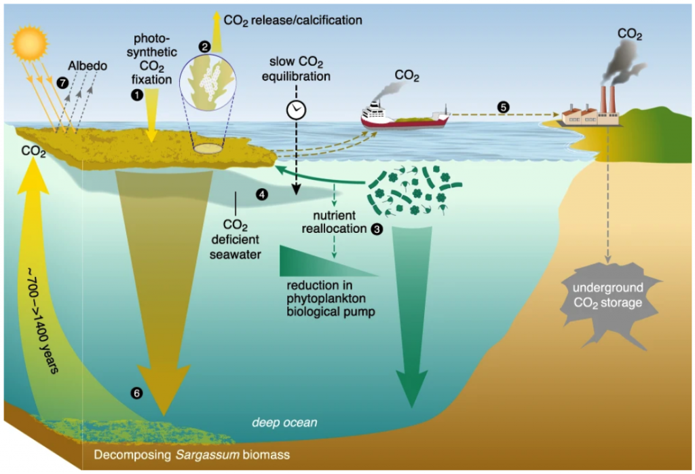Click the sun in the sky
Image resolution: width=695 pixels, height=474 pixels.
tap(29, 42)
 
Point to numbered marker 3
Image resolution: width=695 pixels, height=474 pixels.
tap(377, 230)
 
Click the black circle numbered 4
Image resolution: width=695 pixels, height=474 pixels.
tap(261, 194)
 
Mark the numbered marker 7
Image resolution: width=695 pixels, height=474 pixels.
tap(63, 82)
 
